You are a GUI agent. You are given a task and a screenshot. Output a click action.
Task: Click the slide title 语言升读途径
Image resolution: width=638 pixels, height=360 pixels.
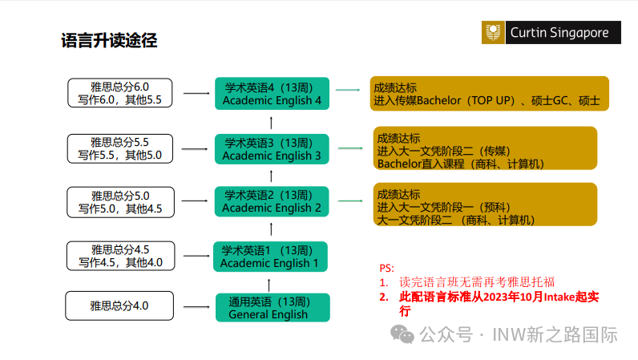coord(109,41)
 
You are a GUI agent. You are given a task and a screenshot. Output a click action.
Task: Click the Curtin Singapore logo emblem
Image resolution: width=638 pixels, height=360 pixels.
coord(494,33)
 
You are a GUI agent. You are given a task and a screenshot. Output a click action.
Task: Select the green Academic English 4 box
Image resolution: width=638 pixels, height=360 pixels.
coord(272,94)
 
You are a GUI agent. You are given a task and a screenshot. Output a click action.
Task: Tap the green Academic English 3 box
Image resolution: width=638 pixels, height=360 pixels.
coord(272,149)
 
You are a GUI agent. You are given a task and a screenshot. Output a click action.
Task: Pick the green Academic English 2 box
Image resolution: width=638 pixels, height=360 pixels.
coord(272,201)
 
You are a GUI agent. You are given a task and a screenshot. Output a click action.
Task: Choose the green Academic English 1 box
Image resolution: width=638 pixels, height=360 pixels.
coord(269,257)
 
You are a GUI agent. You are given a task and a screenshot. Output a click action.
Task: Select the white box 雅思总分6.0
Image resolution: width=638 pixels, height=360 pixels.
coord(119,93)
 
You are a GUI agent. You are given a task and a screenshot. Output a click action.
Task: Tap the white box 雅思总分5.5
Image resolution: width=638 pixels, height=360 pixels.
coord(119,148)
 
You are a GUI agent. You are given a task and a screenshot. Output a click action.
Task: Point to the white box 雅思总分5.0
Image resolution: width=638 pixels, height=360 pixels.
coord(119,202)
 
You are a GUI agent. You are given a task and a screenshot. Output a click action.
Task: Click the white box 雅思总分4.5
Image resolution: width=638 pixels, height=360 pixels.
coord(119,256)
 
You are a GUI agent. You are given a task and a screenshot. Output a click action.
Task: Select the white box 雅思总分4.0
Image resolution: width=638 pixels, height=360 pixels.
coord(119,305)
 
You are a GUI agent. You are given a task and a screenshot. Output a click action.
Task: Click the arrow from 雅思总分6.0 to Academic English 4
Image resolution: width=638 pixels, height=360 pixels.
coord(196,94)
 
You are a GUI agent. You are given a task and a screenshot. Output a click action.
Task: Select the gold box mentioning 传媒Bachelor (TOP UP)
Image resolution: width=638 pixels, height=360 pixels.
coord(489,93)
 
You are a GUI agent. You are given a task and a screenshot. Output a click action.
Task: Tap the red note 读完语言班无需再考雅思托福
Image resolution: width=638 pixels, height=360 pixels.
coord(476,282)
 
